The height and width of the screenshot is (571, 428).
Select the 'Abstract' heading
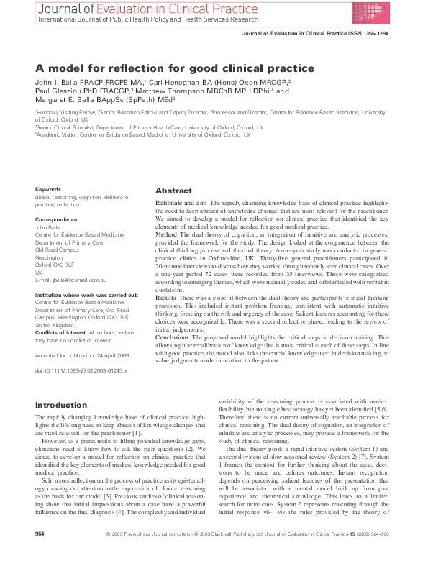pyautogui.click(x=174, y=191)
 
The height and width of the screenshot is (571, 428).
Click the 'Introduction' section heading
pyautogui.click(x=61, y=405)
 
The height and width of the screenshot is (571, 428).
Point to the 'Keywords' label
pyautogui.click(x=48, y=189)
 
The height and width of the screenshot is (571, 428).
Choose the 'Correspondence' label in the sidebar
pyautogui.click(x=56, y=218)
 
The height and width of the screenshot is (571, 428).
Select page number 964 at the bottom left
pyautogui.click(x=40, y=555)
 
